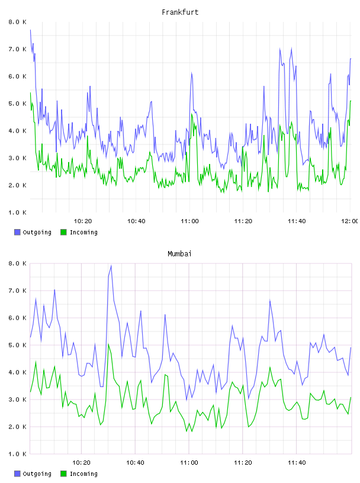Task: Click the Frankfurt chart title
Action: (180, 12)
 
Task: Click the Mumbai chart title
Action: (179, 254)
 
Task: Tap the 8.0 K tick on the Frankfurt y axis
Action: (17, 22)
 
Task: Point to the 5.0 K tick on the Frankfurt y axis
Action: (17, 104)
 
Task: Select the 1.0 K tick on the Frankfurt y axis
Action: (17, 212)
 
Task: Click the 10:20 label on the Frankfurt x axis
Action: (83, 221)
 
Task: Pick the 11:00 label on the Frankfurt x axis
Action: (189, 221)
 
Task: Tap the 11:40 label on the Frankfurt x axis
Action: (297, 221)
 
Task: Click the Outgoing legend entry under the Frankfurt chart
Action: (33, 232)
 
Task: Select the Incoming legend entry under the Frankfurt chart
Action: (79, 232)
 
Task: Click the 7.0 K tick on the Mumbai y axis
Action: (17, 291)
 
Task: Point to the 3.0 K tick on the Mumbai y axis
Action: (17, 400)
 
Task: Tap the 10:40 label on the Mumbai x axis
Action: (135, 463)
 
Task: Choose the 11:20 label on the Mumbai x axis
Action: (243, 463)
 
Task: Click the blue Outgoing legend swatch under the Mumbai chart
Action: (17, 474)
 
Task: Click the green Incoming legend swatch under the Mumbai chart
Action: (63, 474)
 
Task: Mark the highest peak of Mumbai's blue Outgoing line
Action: (111, 266)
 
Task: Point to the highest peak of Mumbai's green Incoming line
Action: (108, 344)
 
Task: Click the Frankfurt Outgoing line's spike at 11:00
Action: (191, 73)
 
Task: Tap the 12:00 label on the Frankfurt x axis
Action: (349, 221)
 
